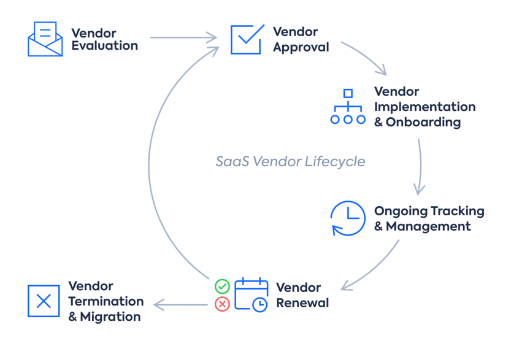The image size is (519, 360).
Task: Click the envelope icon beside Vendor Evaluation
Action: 45,39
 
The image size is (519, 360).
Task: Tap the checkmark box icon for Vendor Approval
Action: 247,39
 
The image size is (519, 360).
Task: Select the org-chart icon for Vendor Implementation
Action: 348,107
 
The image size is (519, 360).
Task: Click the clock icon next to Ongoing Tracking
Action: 348,218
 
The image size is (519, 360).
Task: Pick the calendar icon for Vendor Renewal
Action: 252,295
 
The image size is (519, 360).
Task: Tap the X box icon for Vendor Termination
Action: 44,301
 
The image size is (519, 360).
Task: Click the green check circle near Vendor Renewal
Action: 222,286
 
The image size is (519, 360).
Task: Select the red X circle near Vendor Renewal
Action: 222,304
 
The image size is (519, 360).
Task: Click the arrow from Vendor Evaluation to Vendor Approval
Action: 183,38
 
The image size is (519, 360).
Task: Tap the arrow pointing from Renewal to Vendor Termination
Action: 180,305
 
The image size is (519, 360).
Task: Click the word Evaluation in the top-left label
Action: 105,46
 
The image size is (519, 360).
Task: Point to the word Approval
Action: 301,47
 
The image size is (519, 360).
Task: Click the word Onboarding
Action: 423,122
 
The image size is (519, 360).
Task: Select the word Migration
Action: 110,317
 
